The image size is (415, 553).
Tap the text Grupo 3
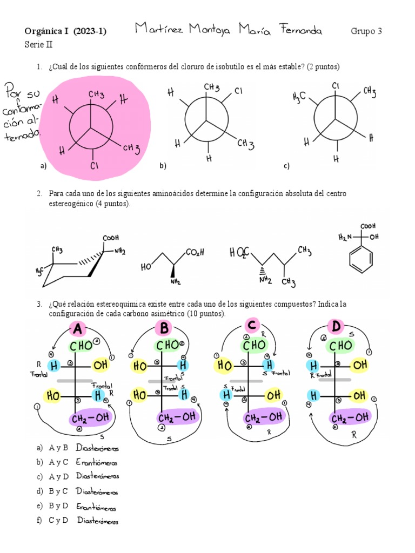click(x=366, y=31)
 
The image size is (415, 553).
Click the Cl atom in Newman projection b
click(x=238, y=91)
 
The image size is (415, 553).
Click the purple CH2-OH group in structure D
click(x=350, y=417)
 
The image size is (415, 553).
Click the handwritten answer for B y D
click(x=96, y=507)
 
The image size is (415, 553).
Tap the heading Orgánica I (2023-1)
click(x=65, y=31)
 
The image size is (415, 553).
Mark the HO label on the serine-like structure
click(x=146, y=266)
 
